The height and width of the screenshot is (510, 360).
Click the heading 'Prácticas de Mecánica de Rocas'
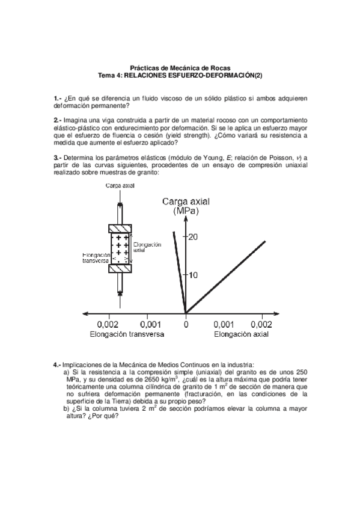[180, 68]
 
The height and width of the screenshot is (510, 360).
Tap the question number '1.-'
[58, 97]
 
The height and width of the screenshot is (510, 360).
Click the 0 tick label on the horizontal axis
[186, 324]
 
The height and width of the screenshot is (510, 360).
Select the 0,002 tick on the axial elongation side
[262, 324]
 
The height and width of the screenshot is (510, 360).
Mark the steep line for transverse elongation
[179, 271]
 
